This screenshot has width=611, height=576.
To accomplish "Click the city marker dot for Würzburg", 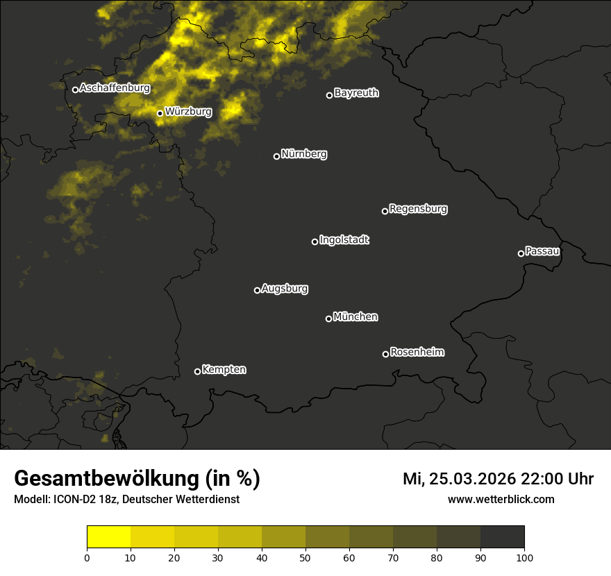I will pyautogui.click(x=160, y=113).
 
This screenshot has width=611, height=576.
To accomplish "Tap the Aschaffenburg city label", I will pyautogui.click(x=115, y=88).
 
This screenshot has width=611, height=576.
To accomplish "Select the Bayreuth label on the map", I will pyautogui.click(x=356, y=93).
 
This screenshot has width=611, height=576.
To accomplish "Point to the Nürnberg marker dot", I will pyautogui.click(x=276, y=156).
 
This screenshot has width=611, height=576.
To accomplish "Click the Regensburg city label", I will pyautogui.click(x=418, y=208).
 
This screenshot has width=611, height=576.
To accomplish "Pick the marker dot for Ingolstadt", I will pyautogui.click(x=315, y=242).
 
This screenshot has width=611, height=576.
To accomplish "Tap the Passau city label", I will pyautogui.click(x=542, y=251).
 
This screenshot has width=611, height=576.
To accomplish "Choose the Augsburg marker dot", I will pyautogui.click(x=257, y=290).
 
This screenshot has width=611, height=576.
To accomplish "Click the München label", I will pyautogui.click(x=355, y=316).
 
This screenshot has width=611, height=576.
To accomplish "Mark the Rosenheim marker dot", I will pyautogui.click(x=385, y=355).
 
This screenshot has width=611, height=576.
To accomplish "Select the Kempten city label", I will pyautogui.click(x=224, y=369).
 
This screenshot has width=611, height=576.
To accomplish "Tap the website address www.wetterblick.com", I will pyautogui.click(x=501, y=499).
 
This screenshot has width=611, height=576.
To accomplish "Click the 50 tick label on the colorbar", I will pyautogui.click(x=305, y=557).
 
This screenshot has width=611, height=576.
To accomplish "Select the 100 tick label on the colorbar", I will pyautogui.click(x=524, y=557).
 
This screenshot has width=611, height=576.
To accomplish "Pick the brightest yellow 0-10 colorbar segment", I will pyautogui.click(x=109, y=537).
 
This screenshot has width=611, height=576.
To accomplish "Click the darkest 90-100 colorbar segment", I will pyautogui.click(x=502, y=537).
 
